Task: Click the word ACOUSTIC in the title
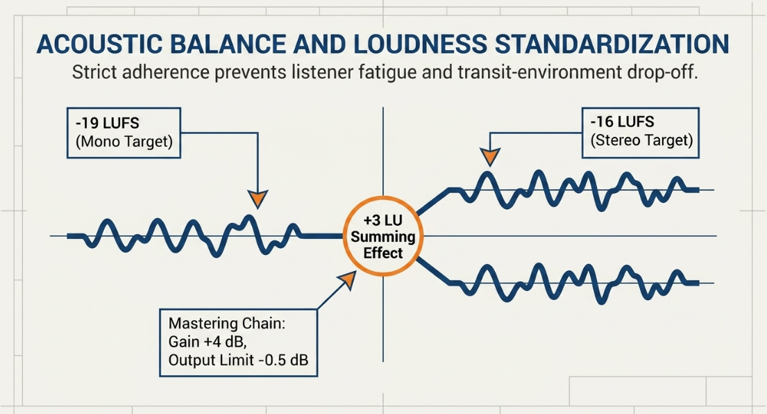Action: click(x=99, y=44)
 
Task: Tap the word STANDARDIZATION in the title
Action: click(x=612, y=44)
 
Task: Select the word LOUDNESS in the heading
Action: click(x=420, y=44)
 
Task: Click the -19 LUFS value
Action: click(x=107, y=123)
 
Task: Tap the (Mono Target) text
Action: click(x=124, y=142)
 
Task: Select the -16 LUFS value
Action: click(x=622, y=122)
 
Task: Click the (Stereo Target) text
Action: click(x=642, y=140)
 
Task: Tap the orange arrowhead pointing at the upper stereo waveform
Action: click(x=489, y=156)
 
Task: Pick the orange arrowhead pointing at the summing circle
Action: click(x=348, y=280)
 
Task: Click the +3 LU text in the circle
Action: click(x=383, y=220)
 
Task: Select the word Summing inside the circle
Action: click(x=383, y=237)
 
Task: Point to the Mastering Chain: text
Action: click(x=227, y=324)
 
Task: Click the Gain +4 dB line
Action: click(x=208, y=342)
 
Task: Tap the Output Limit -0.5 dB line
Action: click(x=238, y=361)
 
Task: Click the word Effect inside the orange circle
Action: click(x=383, y=253)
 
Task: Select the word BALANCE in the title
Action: click(x=228, y=44)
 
